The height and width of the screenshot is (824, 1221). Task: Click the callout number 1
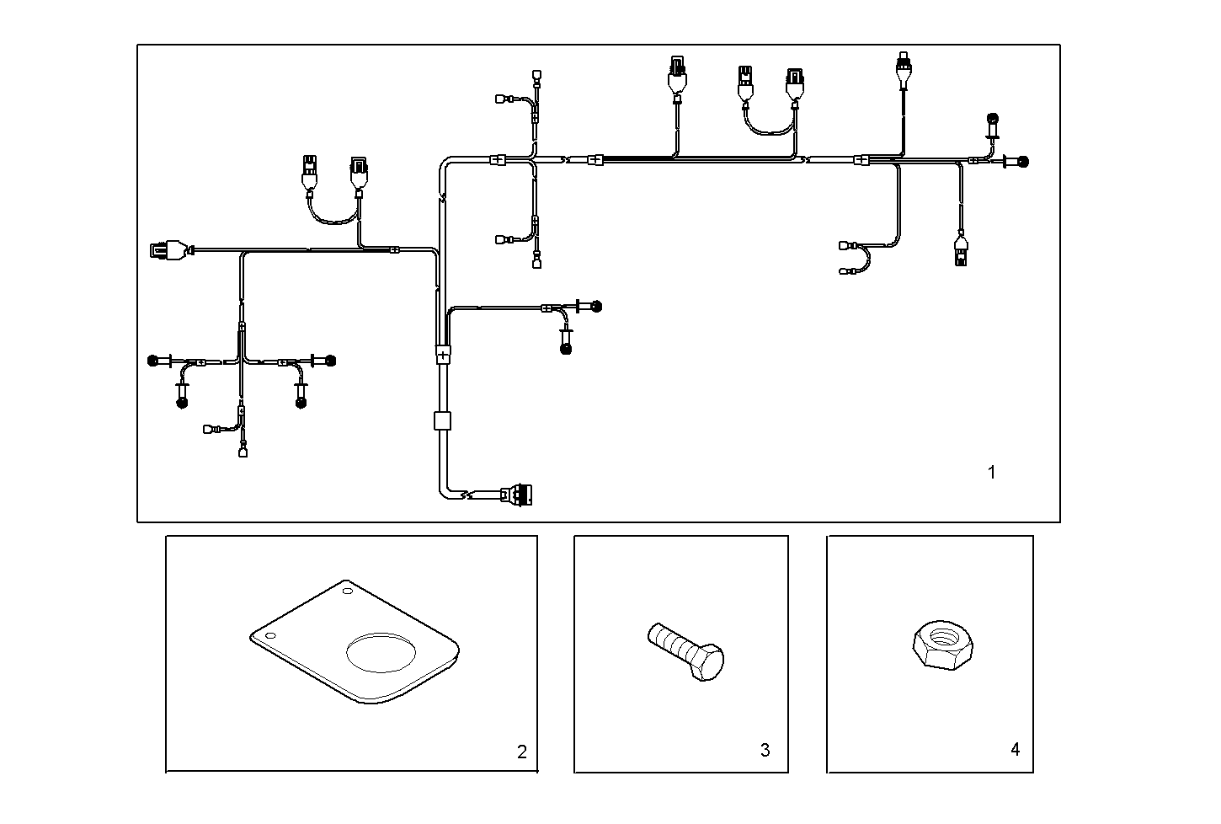[991, 473]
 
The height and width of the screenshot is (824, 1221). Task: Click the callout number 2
[521, 752]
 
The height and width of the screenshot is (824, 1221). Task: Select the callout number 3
[765, 750]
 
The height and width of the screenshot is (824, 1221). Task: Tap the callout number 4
[1015, 749]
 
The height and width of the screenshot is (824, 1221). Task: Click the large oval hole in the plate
[381, 652]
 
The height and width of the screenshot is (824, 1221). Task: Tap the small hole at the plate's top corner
[348, 592]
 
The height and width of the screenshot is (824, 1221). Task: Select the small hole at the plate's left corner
[269, 635]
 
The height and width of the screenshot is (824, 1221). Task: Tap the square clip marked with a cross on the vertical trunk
[443, 355]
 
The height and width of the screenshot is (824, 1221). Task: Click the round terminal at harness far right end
[1024, 161]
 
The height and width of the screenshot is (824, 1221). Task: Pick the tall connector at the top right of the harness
[904, 67]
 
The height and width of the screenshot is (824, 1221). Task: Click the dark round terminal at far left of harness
[153, 361]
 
